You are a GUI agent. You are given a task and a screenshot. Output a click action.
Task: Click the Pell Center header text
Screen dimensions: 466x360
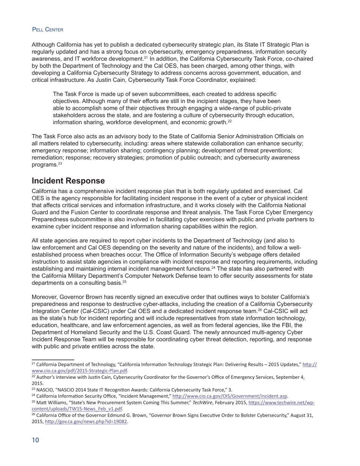(47, 30)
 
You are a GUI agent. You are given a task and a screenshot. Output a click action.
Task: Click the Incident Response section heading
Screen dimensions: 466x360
(68, 181)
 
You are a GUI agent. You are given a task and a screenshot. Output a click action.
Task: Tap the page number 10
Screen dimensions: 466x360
(35, 440)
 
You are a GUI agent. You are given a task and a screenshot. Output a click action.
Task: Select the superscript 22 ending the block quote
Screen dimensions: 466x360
(229, 121)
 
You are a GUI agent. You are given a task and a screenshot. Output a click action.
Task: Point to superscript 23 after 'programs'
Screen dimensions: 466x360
(60, 163)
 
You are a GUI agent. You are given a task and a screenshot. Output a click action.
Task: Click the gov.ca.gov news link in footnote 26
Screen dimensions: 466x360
(86, 421)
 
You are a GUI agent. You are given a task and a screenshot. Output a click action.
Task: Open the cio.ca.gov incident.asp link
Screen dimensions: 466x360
(230, 396)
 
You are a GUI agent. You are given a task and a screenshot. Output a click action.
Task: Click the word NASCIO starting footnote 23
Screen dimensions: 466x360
(45, 389)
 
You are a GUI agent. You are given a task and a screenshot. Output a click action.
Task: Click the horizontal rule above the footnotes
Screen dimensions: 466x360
(53, 359)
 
